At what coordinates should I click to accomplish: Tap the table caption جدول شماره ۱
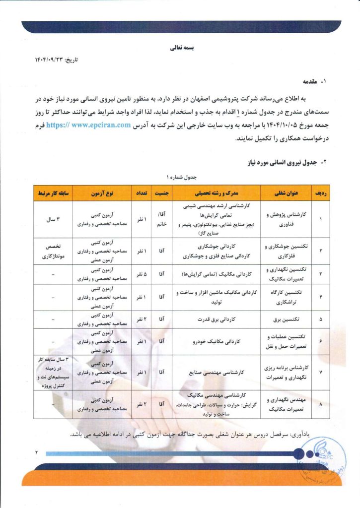coord(180,177)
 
